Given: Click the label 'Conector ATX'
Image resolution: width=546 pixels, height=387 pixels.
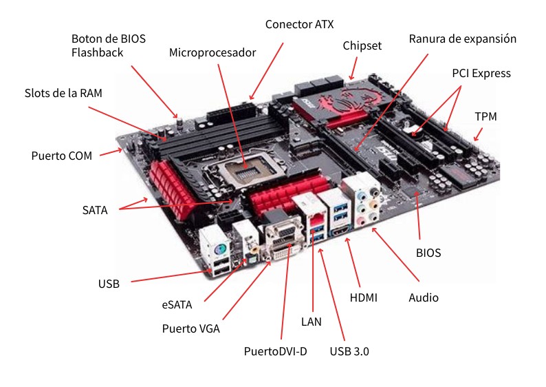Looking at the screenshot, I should click(x=299, y=24).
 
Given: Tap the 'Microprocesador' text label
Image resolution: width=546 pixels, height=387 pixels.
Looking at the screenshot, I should click(x=212, y=52).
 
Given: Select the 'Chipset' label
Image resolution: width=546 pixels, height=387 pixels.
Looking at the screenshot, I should click(x=362, y=45).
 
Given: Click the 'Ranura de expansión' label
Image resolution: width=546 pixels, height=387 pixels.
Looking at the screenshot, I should click(x=462, y=39).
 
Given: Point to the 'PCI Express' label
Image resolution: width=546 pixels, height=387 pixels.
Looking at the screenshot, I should click(x=481, y=73).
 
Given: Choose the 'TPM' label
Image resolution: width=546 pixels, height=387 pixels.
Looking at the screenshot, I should click(x=485, y=117).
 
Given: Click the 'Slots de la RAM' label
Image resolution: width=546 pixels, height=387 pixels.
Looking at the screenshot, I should click(x=63, y=93).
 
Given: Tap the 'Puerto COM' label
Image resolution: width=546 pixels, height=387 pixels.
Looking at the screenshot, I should click(x=62, y=155).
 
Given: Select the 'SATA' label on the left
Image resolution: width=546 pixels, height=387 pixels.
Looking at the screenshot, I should click(x=95, y=210).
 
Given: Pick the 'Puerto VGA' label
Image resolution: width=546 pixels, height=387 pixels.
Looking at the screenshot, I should click(x=190, y=328).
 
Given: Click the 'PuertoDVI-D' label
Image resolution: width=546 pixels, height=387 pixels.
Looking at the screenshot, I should click(x=275, y=352).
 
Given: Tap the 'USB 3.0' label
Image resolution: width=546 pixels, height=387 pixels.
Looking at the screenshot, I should click(x=349, y=352).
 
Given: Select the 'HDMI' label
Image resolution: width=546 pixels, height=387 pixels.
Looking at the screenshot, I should click(x=364, y=297).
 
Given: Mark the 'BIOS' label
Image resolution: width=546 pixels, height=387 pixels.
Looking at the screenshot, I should click(x=428, y=253).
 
